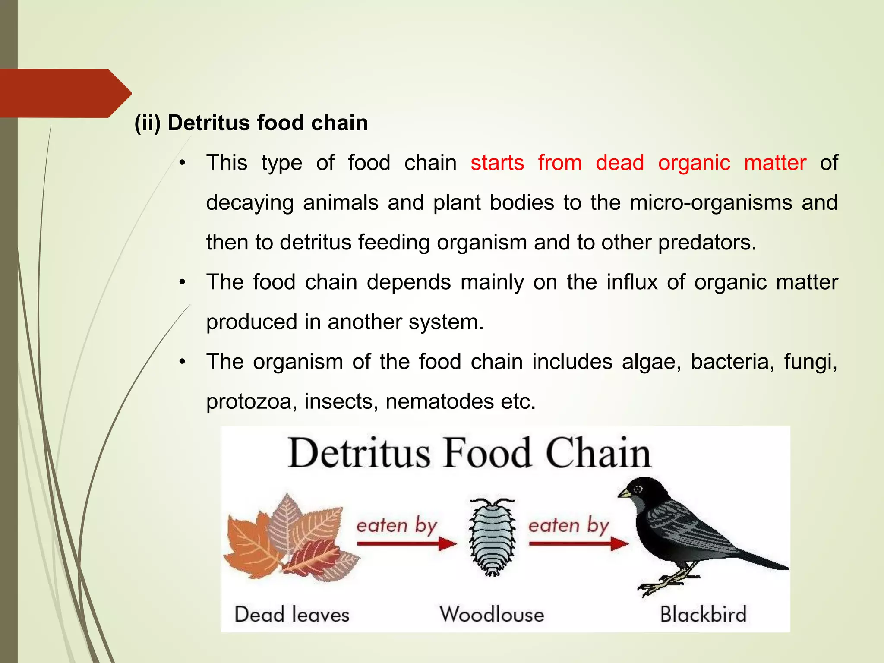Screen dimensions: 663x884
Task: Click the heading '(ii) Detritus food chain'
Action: tap(251, 123)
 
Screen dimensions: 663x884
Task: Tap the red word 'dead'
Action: tap(619, 163)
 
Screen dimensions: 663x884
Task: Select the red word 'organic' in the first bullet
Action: tap(694, 163)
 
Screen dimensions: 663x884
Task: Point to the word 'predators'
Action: tap(706, 243)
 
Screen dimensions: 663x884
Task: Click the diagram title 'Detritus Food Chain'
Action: tap(469, 453)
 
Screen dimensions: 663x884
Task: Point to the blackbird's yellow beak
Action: tap(624, 493)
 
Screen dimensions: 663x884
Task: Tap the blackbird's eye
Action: tap(638, 489)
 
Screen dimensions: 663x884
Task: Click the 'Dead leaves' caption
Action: tap(292, 614)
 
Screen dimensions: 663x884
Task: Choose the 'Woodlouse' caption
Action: tap(492, 614)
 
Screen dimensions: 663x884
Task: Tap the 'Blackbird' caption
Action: tap(703, 614)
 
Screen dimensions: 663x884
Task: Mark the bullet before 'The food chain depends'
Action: tap(183, 283)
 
